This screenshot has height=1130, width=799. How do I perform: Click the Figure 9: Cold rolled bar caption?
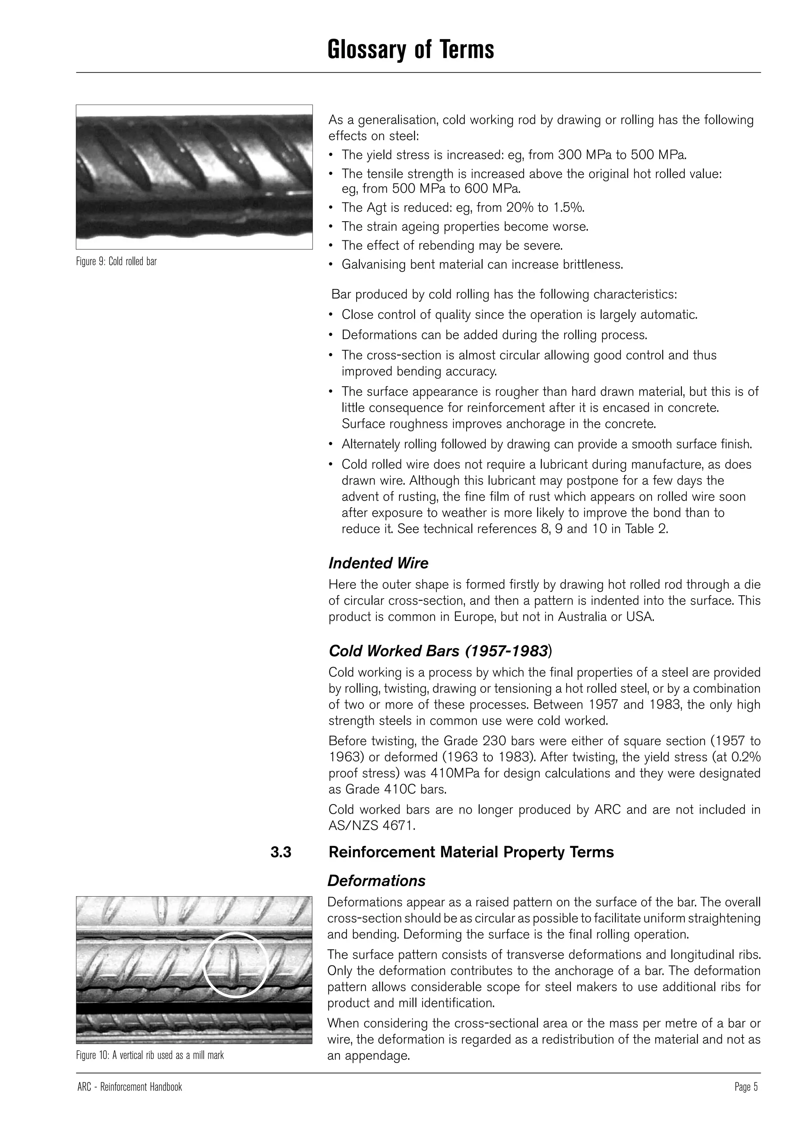click(116, 261)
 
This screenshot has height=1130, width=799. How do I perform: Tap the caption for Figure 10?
click(150, 1055)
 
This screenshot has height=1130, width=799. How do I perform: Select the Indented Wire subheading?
click(378, 563)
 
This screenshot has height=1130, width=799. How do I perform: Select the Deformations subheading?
click(376, 881)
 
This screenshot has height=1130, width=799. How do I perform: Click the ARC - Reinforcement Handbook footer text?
click(130, 1087)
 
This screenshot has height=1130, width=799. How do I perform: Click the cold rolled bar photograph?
click(194, 177)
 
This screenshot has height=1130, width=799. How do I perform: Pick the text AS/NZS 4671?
click(371, 825)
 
